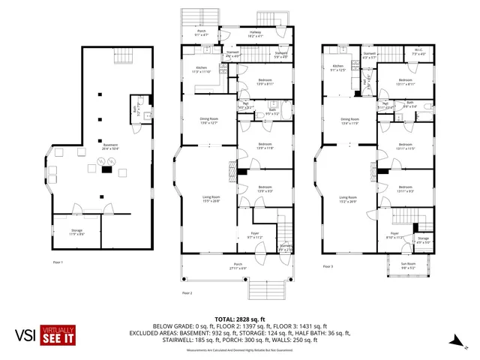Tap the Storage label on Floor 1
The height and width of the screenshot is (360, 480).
pyautogui.click(x=77, y=232)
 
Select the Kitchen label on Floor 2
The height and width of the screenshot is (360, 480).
pyautogui.click(x=191, y=69)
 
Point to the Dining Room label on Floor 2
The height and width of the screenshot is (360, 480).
pyautogui.click(x=208, y=121)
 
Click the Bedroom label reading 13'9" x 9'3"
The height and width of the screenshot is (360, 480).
pyautogui.click(x=265, y=189)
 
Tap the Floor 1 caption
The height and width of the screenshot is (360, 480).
pyautogui.click(x=58, y=262)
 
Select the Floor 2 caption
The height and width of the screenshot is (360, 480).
pyautogui.click(x=187, y=292)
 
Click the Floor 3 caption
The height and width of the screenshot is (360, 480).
pyautogui.click(x=327, y=266)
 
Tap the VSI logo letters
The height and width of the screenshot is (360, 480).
pyautogui.click(x=28, y=334)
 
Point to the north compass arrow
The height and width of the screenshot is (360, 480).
pyautogui.click(x=455, y=341)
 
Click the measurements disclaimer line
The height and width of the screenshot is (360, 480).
pyautogui.click(x=239, y=350)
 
